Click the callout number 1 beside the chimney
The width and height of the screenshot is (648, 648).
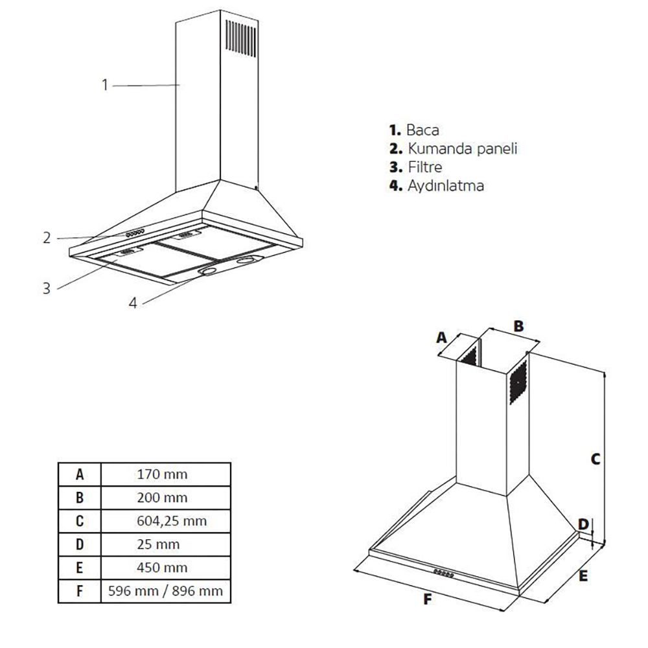tap(105, 85)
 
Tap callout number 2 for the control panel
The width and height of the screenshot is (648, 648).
tap(47, 238)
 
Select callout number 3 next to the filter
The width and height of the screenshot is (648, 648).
tap(47, 288)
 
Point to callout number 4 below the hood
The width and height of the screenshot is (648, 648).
tap(132, 303)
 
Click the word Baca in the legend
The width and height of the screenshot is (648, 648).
tap(422, 130)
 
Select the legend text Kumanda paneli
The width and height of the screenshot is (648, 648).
tap(463, 148)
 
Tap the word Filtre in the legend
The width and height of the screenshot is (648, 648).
tap(425, 167)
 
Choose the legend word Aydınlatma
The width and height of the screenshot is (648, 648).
tap(446, 185)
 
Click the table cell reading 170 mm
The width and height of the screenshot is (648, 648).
tap(162, 474)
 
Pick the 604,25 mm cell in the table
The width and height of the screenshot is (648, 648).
tap(172, 521)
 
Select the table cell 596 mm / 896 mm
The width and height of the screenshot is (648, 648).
tap(165, 591)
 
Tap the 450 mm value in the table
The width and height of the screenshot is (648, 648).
tap(162, 568)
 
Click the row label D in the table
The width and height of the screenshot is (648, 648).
tap(80, 544)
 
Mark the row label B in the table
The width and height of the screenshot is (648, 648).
tap(80, 498)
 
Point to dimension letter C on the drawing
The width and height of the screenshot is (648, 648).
tap(595, 459)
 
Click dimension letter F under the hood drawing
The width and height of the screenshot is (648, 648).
tap(427, 599)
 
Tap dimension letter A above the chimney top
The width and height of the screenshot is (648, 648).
tap(442, 338)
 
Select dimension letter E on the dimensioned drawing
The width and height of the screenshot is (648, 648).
tap(583, 575)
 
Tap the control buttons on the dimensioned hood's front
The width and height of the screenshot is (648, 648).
tap(444, 573)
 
